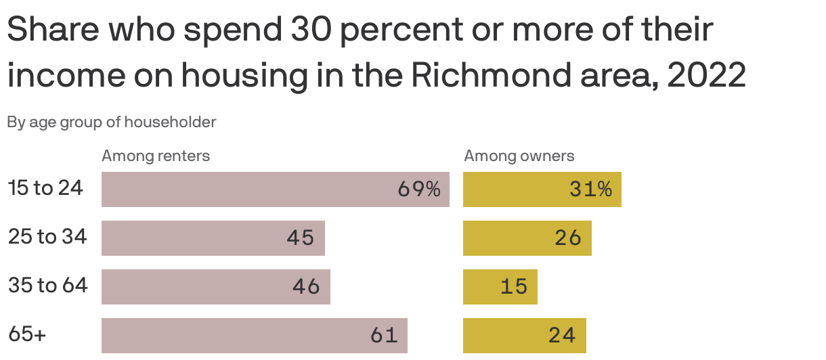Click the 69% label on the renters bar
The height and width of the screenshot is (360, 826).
[419, 189]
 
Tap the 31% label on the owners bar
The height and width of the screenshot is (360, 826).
[590, 189]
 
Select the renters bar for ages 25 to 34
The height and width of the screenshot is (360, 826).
[213, 238]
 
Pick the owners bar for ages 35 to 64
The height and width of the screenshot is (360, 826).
[500, 287]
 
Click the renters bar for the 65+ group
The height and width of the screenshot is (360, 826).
[254, 336]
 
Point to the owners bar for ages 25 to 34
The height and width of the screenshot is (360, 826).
[527, 238]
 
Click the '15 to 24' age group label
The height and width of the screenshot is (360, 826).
[45, 188]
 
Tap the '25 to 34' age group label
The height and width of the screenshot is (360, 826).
[47, 237]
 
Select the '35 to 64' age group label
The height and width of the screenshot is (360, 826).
[48, 286]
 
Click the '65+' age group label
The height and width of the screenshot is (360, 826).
[27, 334]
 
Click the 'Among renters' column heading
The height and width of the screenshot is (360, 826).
[156, 156]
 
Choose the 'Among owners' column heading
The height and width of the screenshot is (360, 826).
[519, 156]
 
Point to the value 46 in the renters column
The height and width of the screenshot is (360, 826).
[306, 287]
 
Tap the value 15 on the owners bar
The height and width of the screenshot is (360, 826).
[514, 287]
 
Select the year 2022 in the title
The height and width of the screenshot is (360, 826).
[706, 76]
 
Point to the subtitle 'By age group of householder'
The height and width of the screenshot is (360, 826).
[112, 122]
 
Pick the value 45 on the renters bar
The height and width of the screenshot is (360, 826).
[301, 238]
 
